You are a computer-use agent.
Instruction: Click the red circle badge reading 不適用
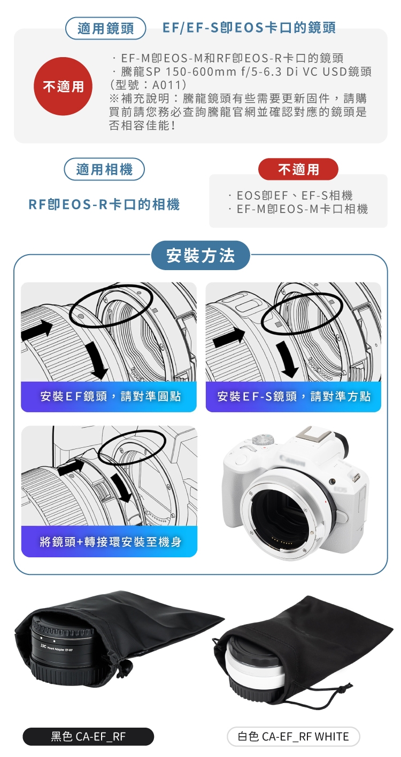pyautogui.click(x=63, y=86)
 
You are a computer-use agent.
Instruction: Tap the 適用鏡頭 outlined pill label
pyautogui.click(x=105, y=28)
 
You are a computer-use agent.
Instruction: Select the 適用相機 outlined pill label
pyautogui.click(x=104, y=169)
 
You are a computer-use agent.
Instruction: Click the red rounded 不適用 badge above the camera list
pyautogui.click(x=298, y=169)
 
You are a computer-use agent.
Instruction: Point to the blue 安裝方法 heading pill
pyautogui.click(x=200, y=255)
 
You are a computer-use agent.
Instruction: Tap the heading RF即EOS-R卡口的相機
pyautogui.click(x=104, y=204)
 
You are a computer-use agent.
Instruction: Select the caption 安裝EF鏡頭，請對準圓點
pyautogui.click(x=110, y=396)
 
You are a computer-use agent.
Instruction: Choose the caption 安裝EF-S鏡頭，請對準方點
pyautogui.click(x=294, y=396)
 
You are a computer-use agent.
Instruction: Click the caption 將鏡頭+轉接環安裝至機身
pyautogui.click(x=110, y=542)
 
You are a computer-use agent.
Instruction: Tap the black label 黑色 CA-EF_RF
pyautogui.click(x=88, y=736)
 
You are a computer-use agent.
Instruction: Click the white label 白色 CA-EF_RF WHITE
pyautogui.click(x=293, y=736)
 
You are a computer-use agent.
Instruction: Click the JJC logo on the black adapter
pyautogui.click(x=43, y=646)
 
